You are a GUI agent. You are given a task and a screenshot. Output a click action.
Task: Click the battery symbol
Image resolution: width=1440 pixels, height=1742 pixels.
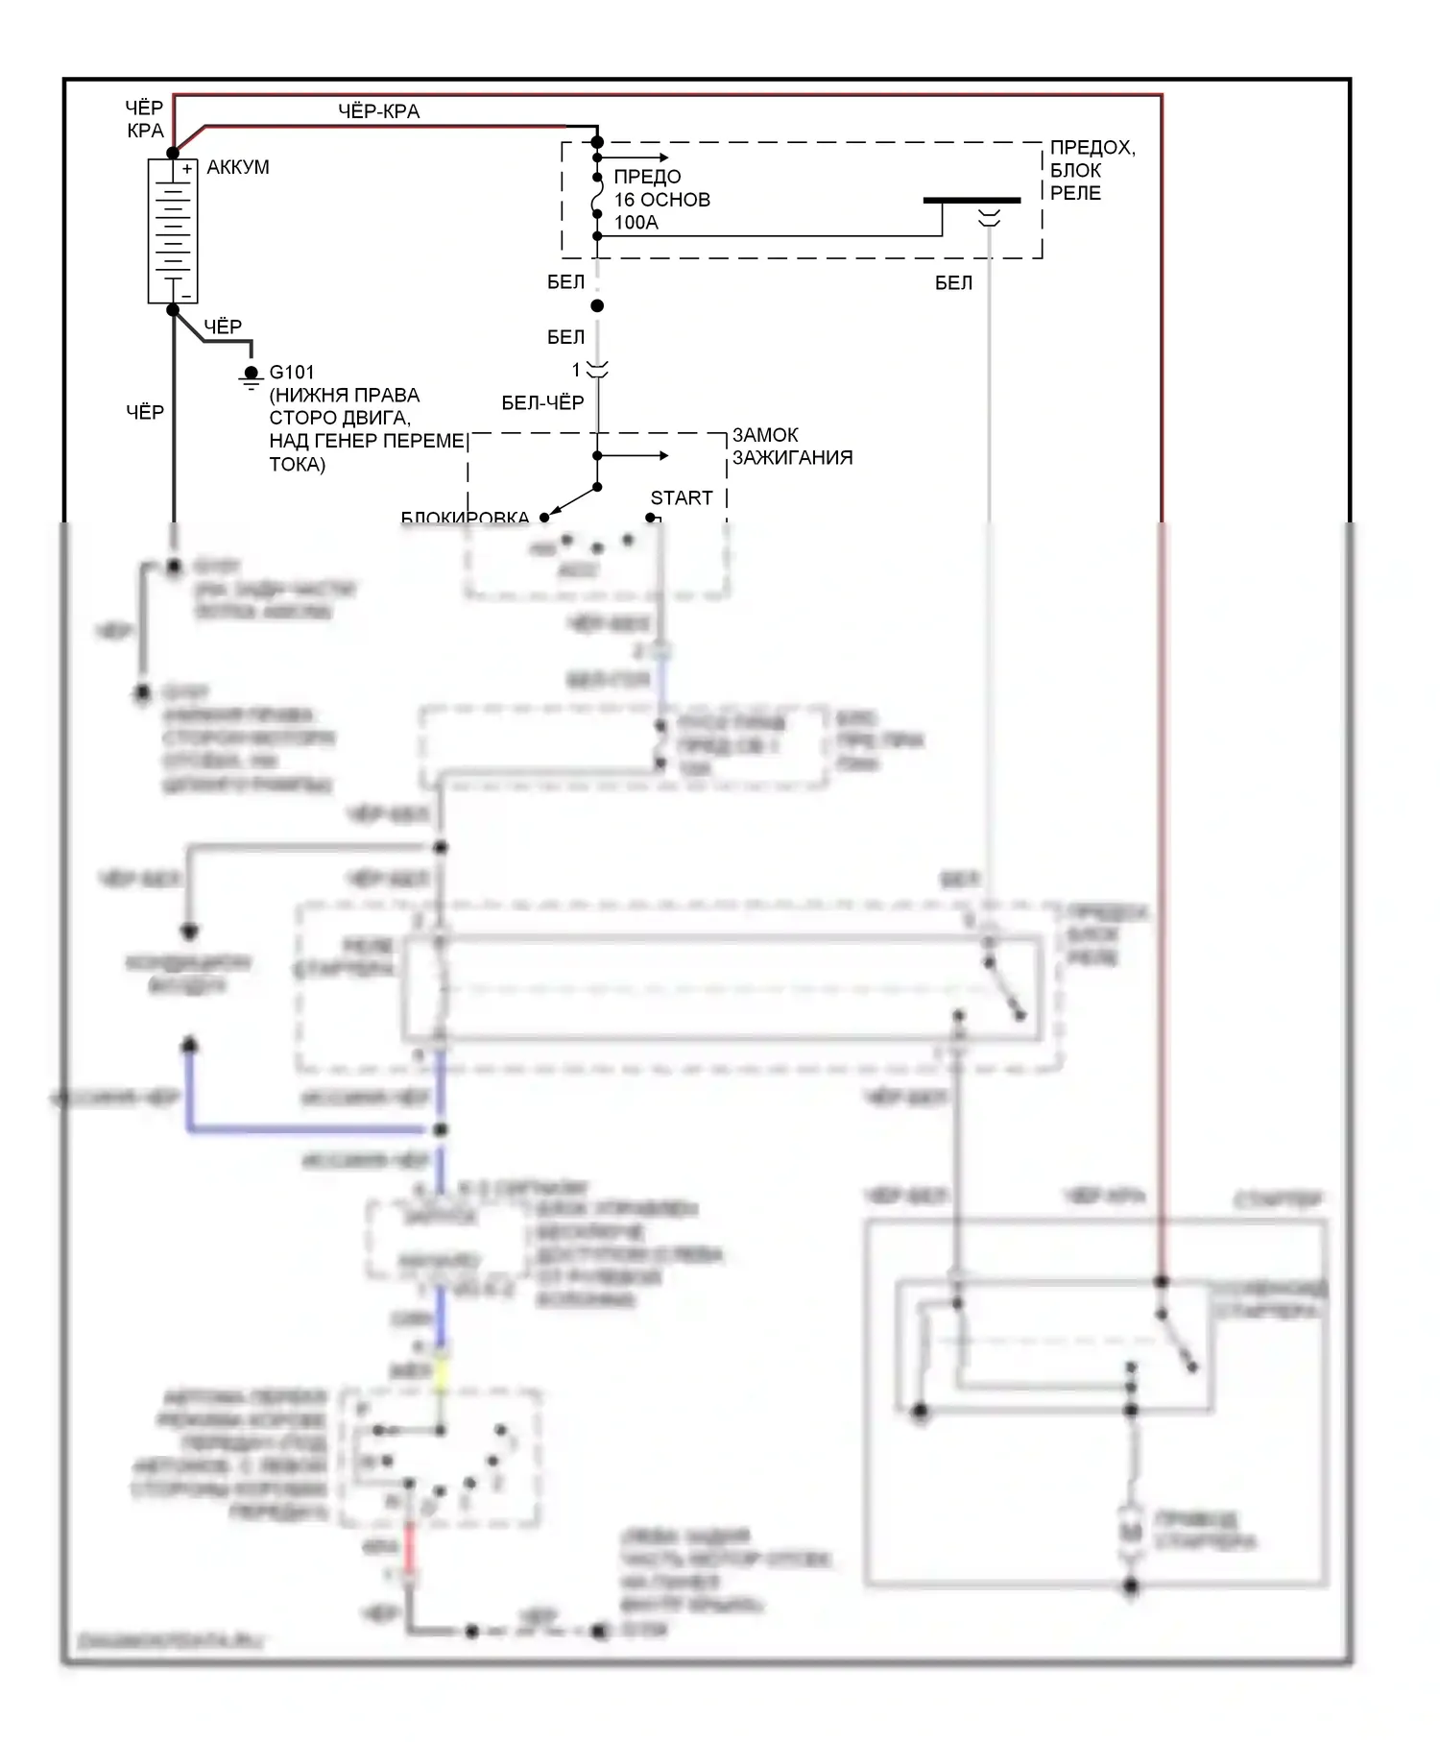(173, 231)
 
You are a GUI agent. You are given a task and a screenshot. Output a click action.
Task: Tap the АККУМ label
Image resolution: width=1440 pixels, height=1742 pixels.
(238, 167)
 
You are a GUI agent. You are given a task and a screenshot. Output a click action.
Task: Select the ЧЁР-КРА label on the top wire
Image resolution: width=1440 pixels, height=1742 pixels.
(378, 111)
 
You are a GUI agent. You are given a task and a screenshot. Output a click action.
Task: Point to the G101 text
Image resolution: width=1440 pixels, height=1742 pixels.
(292, 372)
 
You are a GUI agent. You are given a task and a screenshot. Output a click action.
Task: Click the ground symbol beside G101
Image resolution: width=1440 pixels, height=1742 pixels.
(251, 377)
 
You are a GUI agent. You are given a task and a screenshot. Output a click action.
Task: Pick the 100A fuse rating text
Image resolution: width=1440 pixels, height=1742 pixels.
(636, 223)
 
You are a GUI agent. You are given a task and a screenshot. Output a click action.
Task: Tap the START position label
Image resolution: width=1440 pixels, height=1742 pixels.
(682, 497)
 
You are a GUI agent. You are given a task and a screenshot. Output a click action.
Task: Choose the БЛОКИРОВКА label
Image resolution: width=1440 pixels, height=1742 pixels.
(465, 519)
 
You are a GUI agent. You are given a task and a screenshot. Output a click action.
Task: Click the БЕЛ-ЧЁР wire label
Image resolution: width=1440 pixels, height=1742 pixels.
(542, 403)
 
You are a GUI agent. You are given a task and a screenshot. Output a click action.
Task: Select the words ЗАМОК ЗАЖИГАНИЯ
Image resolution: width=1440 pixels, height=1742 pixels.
(792, 447)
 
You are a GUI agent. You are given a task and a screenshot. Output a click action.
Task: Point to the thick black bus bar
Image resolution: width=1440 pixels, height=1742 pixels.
(972, 201)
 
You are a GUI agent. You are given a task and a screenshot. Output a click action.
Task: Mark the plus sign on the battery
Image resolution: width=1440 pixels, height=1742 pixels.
(186, 169)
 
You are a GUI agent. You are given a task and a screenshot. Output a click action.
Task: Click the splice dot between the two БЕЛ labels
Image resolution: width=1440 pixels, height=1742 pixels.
(597, 305)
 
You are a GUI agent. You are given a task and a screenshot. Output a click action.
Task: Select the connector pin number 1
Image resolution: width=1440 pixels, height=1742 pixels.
(577, 370)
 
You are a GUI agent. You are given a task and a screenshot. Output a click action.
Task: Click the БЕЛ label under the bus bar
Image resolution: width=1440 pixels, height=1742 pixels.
(953, 283)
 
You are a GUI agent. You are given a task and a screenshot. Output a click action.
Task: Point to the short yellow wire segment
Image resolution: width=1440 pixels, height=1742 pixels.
(442, 1371)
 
